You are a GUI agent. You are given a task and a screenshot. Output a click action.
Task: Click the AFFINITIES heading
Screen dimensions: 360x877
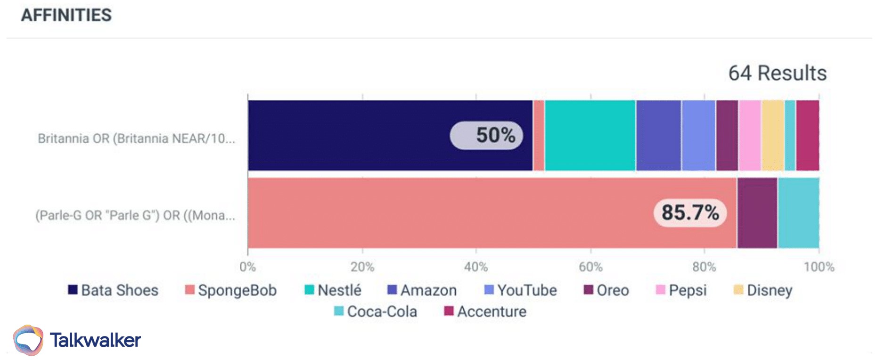click(66, 15)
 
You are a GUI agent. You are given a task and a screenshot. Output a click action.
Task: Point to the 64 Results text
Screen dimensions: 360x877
click(777, 74)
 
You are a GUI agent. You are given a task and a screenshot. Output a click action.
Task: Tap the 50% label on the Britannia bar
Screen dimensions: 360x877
click(486, 135)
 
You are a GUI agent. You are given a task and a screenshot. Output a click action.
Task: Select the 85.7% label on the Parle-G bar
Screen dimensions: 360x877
click(689, 213)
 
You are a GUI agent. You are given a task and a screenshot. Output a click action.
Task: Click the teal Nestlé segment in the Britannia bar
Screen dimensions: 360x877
click(590, 135)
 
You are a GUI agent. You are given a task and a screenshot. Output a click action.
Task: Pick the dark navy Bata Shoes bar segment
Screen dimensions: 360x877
click(349, 135)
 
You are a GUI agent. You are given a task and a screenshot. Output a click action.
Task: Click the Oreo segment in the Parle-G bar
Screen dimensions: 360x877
click(757, 213)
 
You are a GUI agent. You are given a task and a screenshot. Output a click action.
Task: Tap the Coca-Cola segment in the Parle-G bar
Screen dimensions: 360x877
click(798, 213)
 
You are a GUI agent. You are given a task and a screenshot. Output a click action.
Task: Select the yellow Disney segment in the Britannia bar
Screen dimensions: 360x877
click(773, 135)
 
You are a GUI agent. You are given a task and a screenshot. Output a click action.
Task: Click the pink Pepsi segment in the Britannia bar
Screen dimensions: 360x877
click(750, 135)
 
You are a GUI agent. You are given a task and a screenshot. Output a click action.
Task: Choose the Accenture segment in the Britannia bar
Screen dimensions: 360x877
click(808, 135)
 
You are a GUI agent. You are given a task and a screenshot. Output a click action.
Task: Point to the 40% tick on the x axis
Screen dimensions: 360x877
click(476, 267)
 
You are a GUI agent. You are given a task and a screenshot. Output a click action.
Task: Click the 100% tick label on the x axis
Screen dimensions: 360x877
click(819, 267)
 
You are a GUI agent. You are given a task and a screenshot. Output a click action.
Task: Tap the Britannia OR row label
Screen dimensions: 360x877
click(136, 139)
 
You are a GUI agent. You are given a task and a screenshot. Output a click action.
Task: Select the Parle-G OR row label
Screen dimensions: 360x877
click(135, 215)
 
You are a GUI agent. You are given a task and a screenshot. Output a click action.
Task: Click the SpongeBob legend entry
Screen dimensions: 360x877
click(231, 290)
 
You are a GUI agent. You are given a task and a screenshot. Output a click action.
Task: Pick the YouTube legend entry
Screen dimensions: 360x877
click(521, 290)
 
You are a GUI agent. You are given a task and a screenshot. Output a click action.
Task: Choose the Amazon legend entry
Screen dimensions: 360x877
click(422, 290)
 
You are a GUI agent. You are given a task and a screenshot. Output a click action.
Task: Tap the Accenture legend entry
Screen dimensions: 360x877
click(485, 311)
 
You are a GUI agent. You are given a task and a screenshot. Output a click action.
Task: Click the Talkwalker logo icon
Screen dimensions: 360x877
click(28, 340)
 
